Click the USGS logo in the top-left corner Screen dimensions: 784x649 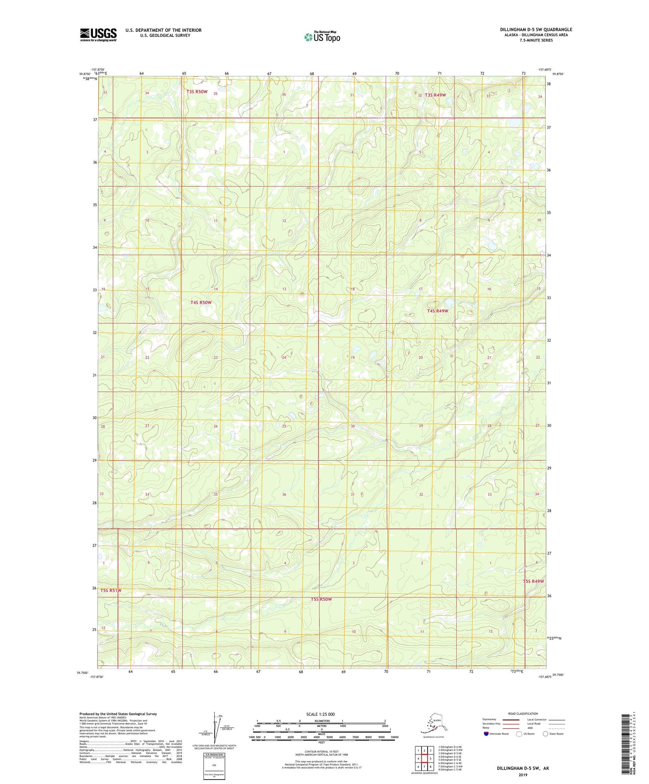coord(98,35)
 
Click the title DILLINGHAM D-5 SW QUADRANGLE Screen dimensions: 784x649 coord(536,30)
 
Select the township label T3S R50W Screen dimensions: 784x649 coord(197,92)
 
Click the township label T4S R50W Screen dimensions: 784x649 coord(201,303)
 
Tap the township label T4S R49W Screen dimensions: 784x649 coord(437,311)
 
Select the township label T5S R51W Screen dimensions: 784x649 coord(111,590)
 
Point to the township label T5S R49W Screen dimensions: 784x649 coord(533,581)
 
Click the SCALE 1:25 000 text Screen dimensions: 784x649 coord(320,714)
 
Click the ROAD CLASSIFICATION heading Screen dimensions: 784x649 coord(523,714)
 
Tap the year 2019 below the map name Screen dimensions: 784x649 coord(523,775)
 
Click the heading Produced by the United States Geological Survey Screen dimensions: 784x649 coord(118,714)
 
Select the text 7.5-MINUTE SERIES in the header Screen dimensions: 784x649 coord(536,40)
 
